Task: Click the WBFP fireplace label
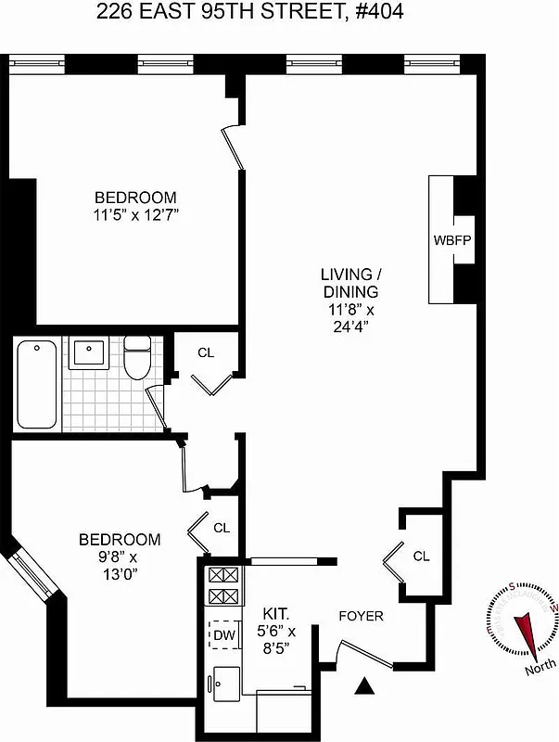point(452,239)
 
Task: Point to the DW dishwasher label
point(222,635)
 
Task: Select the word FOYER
point(361,616)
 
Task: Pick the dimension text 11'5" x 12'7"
point(135,215)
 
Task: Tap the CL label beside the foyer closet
point(422,556)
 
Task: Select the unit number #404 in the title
point(382,13)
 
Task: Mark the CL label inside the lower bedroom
point(222,527)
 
